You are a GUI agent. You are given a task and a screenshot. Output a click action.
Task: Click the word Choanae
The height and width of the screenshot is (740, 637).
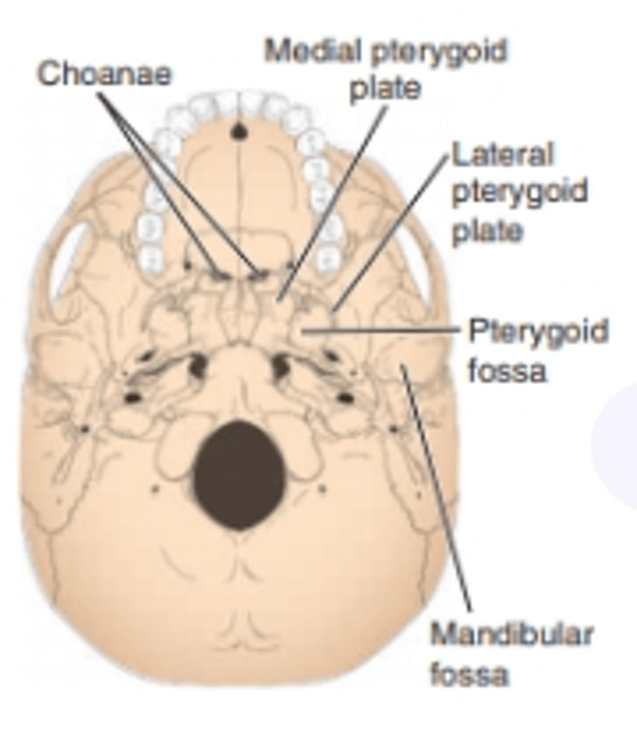(105, 73)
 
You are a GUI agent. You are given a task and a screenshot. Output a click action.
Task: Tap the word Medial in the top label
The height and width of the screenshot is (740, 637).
(313, 51)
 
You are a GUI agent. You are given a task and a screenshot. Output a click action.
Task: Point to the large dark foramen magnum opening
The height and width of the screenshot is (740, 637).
(239, 475)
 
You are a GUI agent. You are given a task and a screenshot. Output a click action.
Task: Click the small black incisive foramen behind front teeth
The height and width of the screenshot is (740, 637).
(239, 131)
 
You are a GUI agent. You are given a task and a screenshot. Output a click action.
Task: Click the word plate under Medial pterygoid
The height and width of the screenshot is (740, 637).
(385, 89)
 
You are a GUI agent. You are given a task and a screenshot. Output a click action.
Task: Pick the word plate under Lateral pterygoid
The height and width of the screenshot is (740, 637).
(487, 232)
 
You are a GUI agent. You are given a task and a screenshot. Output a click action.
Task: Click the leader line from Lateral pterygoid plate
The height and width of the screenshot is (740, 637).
(391, 234)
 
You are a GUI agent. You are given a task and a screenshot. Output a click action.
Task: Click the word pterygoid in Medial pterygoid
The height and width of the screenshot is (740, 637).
(438, 52)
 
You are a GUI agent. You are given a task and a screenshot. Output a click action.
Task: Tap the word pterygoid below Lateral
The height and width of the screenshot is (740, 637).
(519, 194)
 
